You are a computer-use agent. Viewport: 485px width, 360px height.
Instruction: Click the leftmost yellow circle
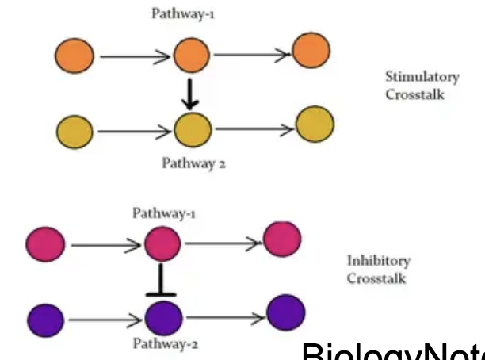pyautogui.click(x=74, y=128)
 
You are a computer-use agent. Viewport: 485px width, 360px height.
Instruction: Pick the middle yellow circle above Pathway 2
pyautogui.click(x=191, y=128)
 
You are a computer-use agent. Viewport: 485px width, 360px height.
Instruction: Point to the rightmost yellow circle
pyautogui.click(x=315, y=124)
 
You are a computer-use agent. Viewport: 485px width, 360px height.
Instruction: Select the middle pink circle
pyautogui.click(x=161, y=243)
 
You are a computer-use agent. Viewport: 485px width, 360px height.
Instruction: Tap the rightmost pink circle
pyautogui.click(x=281, y=239)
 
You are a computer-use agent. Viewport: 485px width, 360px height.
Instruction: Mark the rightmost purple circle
pyautogui.click(x=285, y=314)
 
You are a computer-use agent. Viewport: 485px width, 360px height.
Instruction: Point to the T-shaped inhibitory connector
pyautogui.click(x=162, y=281)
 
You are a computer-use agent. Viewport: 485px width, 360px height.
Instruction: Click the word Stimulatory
pyautogui.click(x=422, y=77)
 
